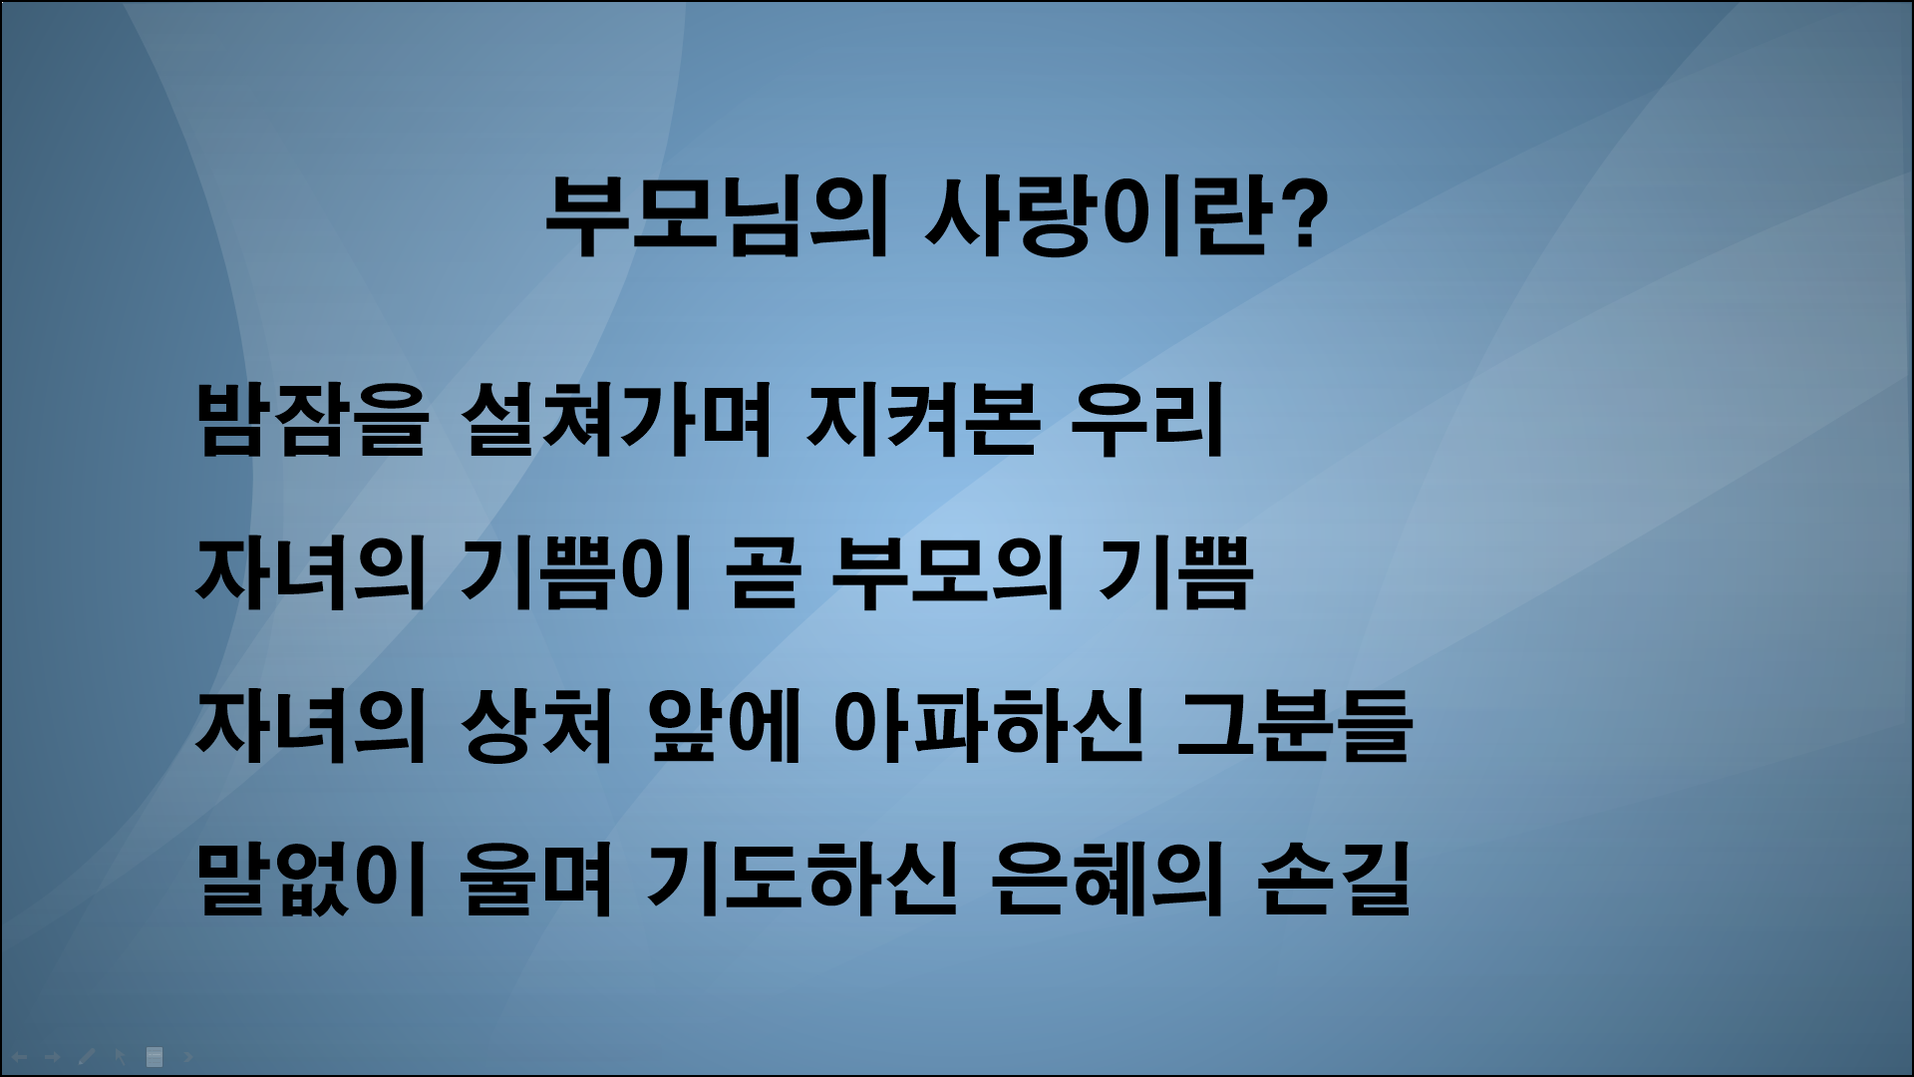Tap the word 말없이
312,880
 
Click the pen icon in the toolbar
87,1056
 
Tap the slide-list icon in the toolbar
155,1056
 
